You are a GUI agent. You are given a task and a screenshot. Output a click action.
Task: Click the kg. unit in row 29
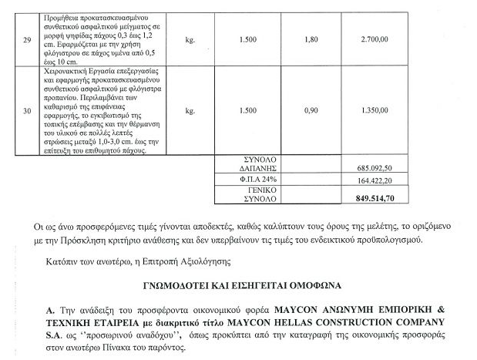[190, 36]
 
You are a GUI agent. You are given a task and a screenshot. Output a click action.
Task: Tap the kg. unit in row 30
[190, 110]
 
